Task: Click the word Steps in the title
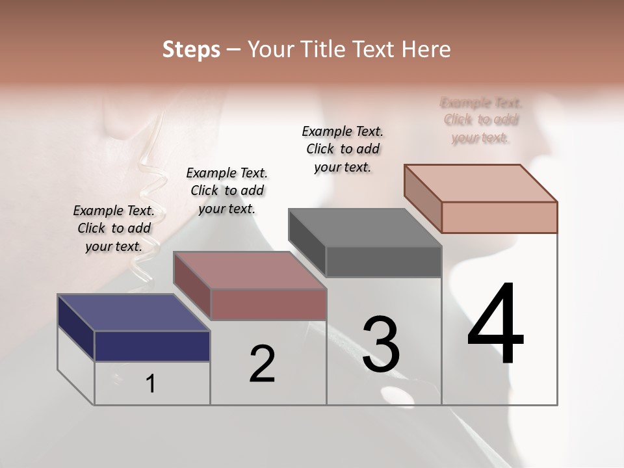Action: (191, 49)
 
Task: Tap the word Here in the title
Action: (426, 49)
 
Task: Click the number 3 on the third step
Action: (380, 344)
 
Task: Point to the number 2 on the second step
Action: (262, 364)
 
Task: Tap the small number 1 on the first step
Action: (151, 383)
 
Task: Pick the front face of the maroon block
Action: (268, 304)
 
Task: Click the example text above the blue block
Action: (114, 228)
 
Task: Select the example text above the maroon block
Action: (227, 190)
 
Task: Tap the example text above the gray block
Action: (343, 149)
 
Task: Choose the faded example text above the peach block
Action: (481, 120)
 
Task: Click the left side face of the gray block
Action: (307, 243)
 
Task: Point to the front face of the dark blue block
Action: (152, 346)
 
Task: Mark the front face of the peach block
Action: (499, 217)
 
